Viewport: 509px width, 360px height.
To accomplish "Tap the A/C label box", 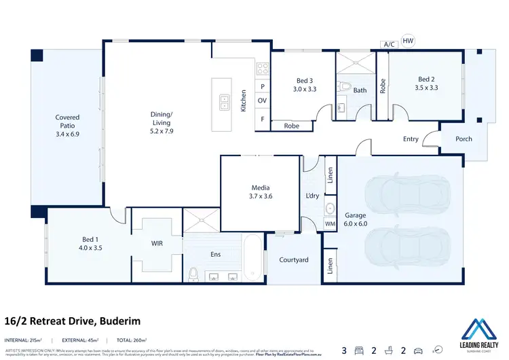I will coord(389,45).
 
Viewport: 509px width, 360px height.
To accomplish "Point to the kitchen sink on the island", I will coord(224,103).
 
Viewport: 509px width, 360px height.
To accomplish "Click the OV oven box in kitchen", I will coord(262,101).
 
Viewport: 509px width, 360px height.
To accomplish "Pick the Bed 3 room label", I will coord(305,79).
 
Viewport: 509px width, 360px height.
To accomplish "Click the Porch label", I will coord(464,139).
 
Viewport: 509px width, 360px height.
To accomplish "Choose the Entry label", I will coord(411,139).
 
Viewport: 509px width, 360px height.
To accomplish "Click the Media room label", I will coord(261,188).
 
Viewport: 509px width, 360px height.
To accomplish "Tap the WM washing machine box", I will coord(330,223).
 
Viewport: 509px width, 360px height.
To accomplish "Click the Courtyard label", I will coord(294,260).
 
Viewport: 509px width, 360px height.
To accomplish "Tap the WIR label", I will coord(157,243).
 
